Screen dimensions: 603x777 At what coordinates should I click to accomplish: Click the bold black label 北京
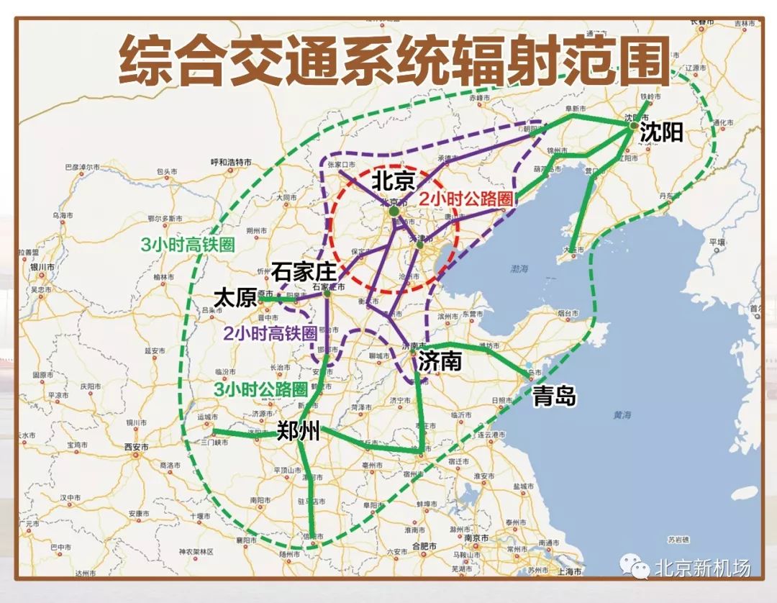click(394, 179)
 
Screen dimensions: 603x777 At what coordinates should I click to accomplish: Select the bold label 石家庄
click(304, 272)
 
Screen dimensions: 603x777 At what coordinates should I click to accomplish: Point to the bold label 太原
click(235, 297)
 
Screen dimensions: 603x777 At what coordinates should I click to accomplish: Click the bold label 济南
click(440, 361)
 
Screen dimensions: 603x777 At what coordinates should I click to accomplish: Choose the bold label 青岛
click(554, 395)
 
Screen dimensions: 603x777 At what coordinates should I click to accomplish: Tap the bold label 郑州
click(298, 432)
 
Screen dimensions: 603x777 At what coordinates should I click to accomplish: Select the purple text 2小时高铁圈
click(270, 334)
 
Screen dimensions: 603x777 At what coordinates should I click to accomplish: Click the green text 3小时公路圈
click(260, 389)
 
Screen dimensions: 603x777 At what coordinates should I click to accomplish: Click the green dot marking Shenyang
click(633, 125)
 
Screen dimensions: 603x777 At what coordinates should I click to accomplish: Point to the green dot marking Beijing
click(394, 212)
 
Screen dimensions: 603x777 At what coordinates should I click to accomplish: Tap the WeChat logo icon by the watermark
click(635, 568)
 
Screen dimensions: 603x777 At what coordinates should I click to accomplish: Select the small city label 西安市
click(136, 447)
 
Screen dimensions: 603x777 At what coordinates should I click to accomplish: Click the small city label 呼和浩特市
click(230, 163)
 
